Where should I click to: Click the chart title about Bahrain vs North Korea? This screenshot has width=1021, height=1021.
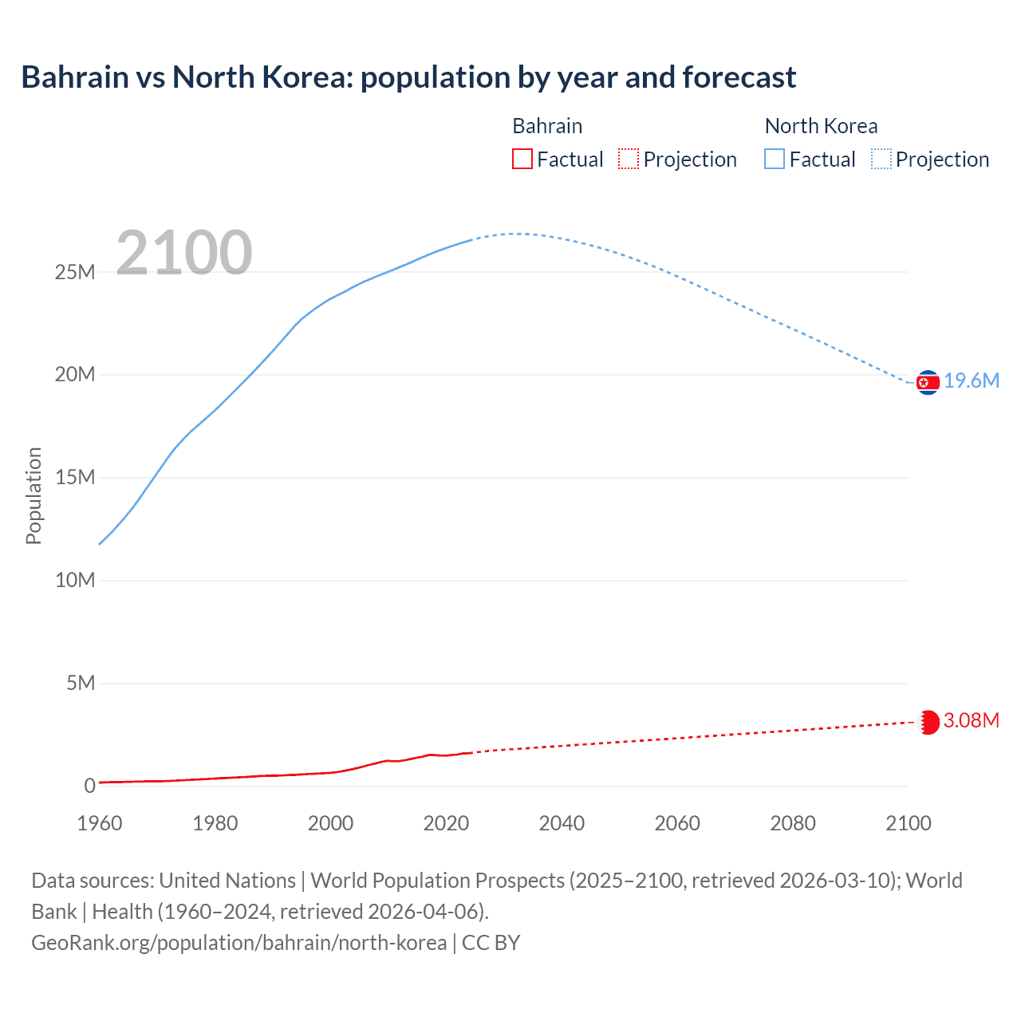tap(408, 77)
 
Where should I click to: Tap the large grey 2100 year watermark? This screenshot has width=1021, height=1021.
tap(184, 253)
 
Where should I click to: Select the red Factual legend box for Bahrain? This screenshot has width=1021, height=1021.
tap(522, 159)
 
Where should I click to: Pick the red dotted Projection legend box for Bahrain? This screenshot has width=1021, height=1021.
tap(629, 159)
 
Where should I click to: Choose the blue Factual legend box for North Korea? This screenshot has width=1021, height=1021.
tap(774, 159)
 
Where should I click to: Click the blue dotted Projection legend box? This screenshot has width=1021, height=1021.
tap(881, 159)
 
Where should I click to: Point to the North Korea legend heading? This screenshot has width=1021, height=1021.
tap(821, 126)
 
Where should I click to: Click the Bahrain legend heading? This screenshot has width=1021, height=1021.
tap(547, 126)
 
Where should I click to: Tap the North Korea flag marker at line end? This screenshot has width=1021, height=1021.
tap(928, 383)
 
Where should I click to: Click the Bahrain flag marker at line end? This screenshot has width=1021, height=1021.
tap(928, 722)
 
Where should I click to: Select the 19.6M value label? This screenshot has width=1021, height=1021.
tap(972, 381)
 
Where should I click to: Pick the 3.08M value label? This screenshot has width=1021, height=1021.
tap(971, 721)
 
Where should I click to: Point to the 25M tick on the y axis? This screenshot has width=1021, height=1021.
tap(75, 273)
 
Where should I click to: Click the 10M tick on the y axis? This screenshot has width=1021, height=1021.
tap(75, 581)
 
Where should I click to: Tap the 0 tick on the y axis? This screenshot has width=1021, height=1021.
tap(89, 786)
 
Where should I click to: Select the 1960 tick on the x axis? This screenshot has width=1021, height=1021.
tap(100, 823)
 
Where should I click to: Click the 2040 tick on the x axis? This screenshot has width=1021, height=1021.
tap(562, 823)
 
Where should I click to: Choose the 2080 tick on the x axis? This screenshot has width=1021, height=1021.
tap(793, 823)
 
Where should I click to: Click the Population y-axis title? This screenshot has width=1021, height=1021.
tap(34, 495)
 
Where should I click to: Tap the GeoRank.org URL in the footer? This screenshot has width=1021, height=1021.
tap(238, 943)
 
